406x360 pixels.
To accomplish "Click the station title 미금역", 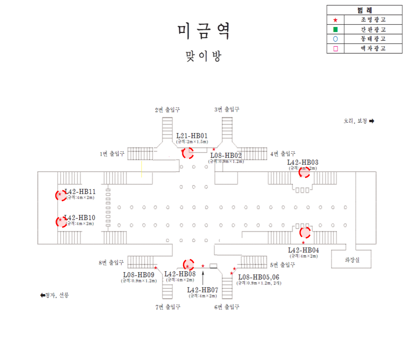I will [x=203, y=31].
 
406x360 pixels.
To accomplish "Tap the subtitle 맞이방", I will [x=203, y=56].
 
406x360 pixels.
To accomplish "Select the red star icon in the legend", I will [x=336, y=20].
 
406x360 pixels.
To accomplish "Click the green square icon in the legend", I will [x=336, y=30].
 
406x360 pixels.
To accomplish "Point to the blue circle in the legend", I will [x=336, y=39].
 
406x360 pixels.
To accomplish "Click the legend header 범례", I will [x=366, y=10].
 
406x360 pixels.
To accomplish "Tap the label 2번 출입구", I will [x=168, y=109].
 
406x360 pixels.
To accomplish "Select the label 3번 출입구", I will [x=227, y=109].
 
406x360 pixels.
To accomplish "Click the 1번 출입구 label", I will [x=112, y=154].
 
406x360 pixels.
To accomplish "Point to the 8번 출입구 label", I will [x=111, y=263].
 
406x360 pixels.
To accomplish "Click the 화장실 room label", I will [x=352, y=259].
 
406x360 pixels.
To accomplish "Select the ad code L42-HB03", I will [x=303, y=162].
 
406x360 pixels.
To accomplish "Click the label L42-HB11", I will [x=80, y=191].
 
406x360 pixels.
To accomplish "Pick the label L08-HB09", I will [x=138, y=274].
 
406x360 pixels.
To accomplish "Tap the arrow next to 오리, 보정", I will [x=371, y=121].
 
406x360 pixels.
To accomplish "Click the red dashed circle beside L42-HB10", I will [x=61, y=222].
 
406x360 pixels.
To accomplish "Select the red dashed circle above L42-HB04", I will [x=305, y=233].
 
